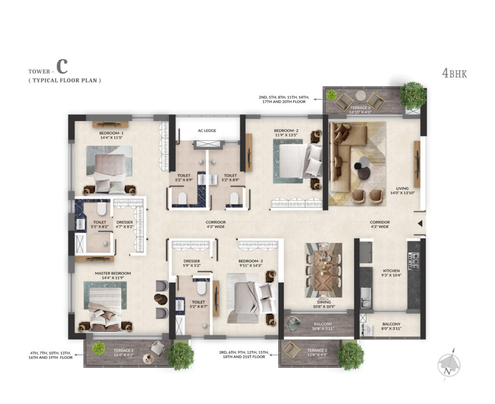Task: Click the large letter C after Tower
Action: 61,67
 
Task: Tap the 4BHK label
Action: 454,74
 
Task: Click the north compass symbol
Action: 449,364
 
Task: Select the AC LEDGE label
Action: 207,131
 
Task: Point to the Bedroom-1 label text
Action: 111,133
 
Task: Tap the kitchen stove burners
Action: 413,262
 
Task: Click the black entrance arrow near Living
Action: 420,223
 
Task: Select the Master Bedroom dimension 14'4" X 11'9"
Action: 109,278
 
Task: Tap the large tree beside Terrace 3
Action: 413,95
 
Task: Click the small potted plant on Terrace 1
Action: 99,347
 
